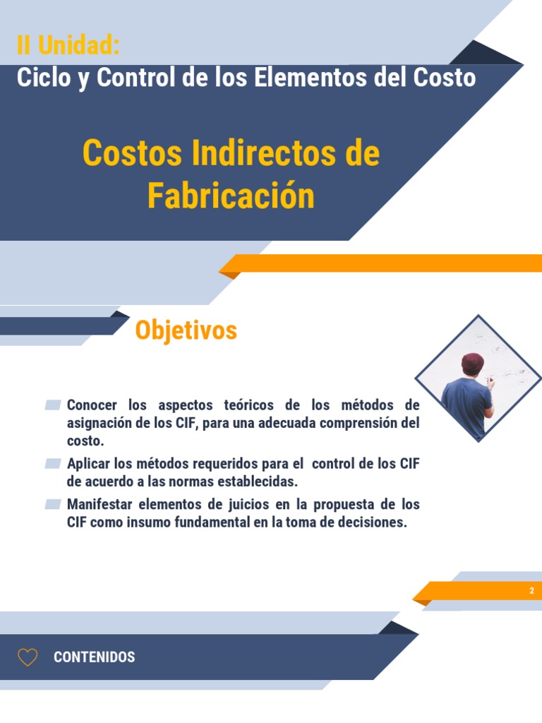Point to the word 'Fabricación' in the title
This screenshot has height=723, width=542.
(x=231, y=196)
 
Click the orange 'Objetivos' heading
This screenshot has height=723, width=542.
(x=186, y=330)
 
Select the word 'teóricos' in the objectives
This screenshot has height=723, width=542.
(x=248, y=405)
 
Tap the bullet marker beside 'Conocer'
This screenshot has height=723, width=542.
(x=53, y=405)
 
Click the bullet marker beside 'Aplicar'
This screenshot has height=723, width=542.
(x=53, y=464)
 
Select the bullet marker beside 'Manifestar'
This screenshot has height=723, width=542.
(x=53, y=505)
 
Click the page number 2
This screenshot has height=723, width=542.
(x=531, y=591)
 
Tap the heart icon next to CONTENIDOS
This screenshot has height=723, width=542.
(x=28, y=657)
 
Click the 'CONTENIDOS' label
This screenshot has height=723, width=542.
(x=94, y=657)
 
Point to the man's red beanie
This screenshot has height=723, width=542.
(x=472, y=361)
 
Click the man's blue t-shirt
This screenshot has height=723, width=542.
(x=466, y=402)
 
